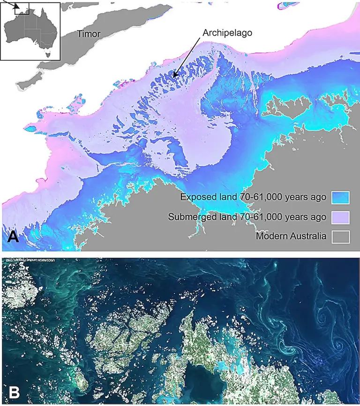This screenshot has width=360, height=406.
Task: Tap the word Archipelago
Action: [x=227, y=33]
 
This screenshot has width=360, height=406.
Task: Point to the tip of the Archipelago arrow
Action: [x=173, y=76]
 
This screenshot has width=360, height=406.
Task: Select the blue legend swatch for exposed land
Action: [x=341, y=198]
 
